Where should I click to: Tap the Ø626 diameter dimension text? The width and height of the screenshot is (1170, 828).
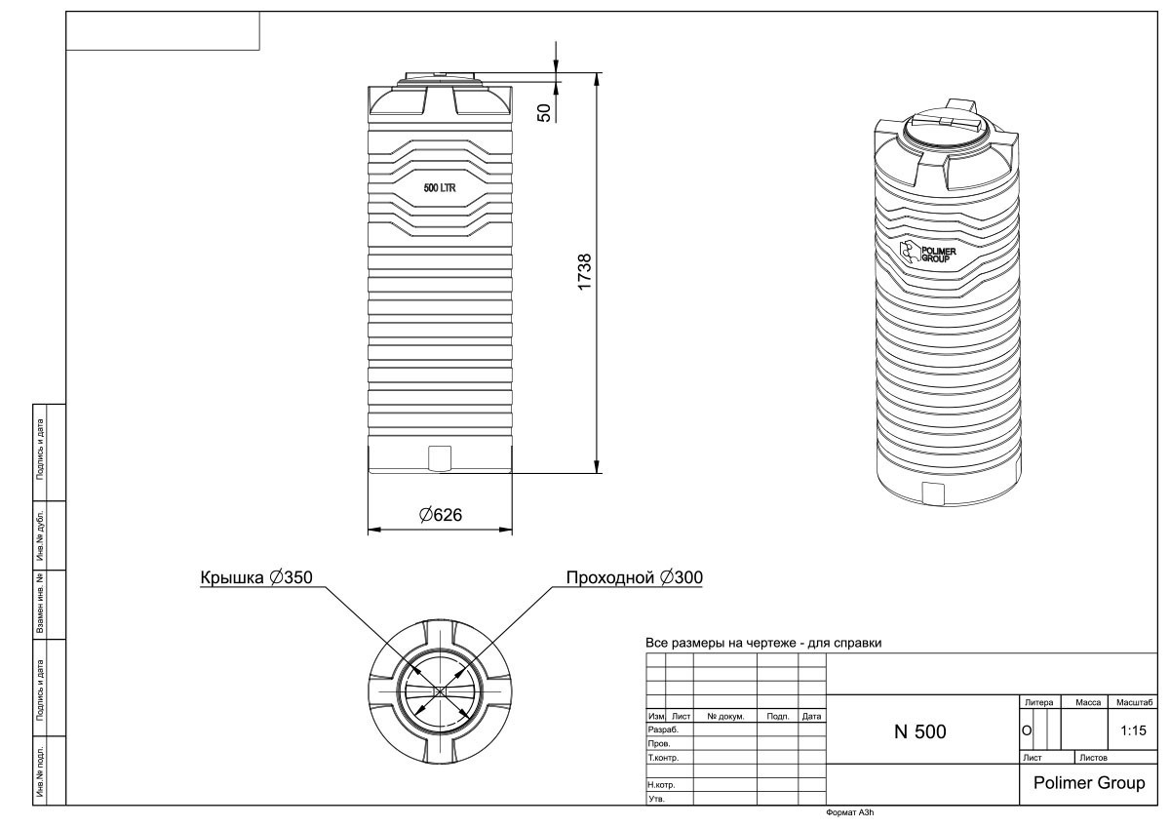pyautogui.click(x=441, y=515)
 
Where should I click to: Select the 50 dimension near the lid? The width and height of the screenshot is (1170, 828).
pyautogui.click(x=547, y=111)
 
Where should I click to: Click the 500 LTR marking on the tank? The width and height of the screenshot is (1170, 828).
pyautogui.click(x=440, y=187)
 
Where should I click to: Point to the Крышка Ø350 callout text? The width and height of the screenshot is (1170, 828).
pyautogui.click(x=256, y=577)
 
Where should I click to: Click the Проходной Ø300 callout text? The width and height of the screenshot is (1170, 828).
pyautogui.click(x=635, y=577)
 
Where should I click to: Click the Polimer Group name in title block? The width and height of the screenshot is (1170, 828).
pyautogui.click(x=1088, y=783)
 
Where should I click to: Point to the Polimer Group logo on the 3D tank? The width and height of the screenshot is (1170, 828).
pyautogui.click(x=927, y=254)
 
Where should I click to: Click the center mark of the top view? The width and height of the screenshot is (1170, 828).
pyautogui.click(x=440, y=690)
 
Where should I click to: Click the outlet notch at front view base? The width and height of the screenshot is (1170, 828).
pyautogui.click(x=440, y=456)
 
